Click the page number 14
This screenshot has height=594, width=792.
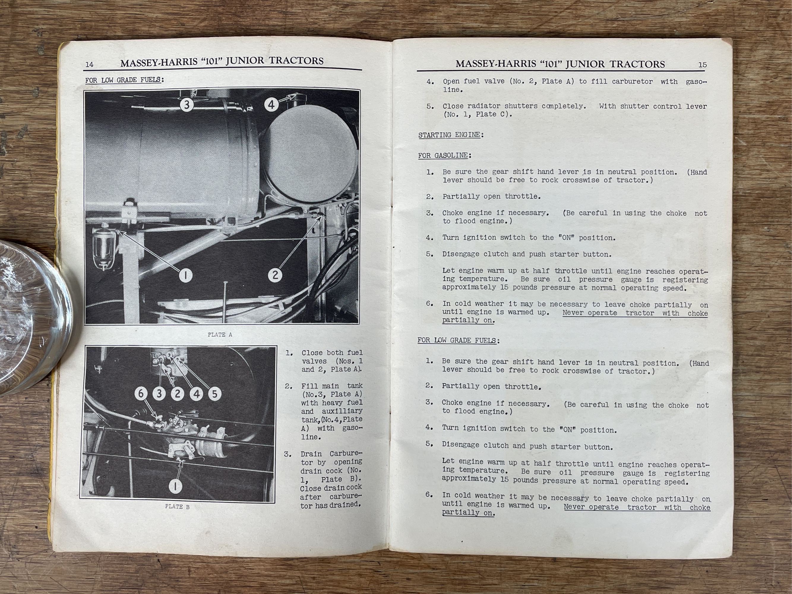[x=89, y=64]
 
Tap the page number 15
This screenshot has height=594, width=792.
[x=703, y=65]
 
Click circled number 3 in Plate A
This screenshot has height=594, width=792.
[x=186, y=105]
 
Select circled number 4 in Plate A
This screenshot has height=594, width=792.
[x=271, y=105]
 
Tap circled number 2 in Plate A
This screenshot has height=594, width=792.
[x=275, y=275]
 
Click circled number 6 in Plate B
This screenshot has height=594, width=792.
[x=141, y=394]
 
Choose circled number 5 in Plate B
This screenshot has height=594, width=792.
[x=214, y=394]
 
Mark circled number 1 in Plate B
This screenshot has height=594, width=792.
[x=176, y=486]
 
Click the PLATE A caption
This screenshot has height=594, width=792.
[x=220, y=335]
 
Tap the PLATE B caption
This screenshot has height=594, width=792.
[x=177, y=507]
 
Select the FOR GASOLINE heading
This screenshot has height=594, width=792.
[x=444, y=155]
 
